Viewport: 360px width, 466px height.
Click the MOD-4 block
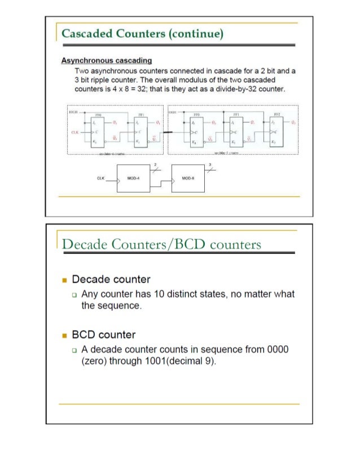[x=133, y=179]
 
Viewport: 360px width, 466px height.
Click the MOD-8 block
[x=188, y=179]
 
